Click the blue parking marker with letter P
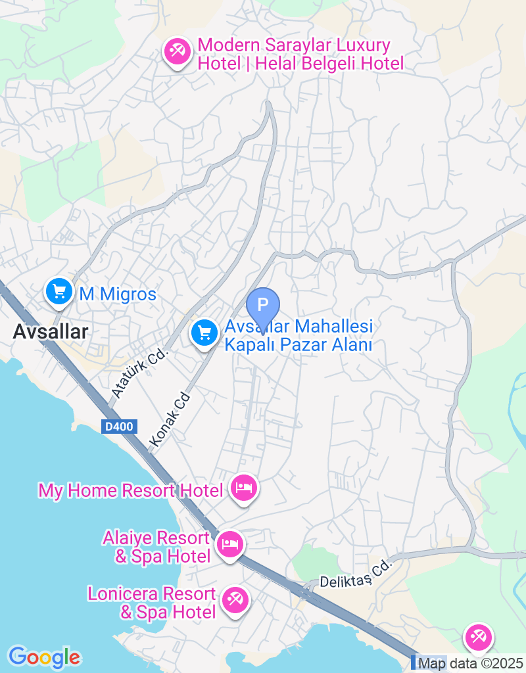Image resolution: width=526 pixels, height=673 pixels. coord(263,306)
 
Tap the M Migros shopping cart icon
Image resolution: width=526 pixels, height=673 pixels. coord(59,290)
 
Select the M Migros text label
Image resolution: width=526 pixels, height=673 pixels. coord(118,294)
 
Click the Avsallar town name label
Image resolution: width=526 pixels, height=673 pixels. coord(50,332)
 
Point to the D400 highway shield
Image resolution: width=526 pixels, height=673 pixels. coord(120,427)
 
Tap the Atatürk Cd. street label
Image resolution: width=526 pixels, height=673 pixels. coord(140,373)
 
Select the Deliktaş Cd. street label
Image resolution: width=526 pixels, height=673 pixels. coord(356,574)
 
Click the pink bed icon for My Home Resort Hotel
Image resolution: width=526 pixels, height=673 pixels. coord(244,488)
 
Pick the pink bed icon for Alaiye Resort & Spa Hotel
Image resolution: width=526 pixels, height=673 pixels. coord(229,544)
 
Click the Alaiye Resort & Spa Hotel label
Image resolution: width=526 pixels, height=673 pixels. coord(156,547)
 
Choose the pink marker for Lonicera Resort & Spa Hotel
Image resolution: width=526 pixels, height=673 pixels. coord(235,599)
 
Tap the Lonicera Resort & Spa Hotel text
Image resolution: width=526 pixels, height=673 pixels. coord(152,603)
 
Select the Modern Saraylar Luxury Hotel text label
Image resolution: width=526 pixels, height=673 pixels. coord(300,55)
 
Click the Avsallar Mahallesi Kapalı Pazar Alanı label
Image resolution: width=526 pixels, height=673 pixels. coord(299,335)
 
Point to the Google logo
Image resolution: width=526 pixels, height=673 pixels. coord(44,657)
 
